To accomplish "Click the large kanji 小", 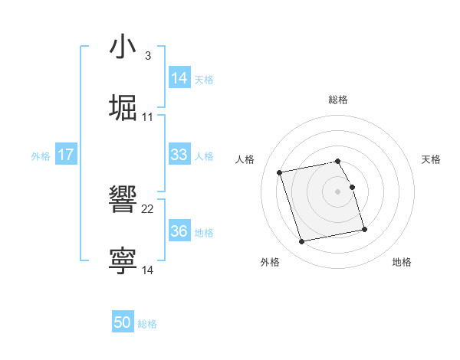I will coord(123,47).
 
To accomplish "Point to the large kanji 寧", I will coord(123,260).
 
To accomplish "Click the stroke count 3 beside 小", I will coord(147,56).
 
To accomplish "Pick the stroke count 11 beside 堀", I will coord(148,116).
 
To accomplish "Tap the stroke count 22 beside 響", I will coord(148,208).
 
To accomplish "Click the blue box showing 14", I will coord(179,78).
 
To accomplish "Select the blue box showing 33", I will coord(179,155).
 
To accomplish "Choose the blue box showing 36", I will coord(179,231).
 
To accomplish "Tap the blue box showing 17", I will coord(66,155).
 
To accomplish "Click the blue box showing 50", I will coord(123,322).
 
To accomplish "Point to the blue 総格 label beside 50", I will coord(147,324).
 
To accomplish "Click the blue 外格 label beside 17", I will coord(41,156).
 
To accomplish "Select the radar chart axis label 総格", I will coord(338,100).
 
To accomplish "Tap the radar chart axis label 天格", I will coord(431,159).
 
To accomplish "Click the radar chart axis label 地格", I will coord(402,263).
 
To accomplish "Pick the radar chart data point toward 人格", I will coord(280,172).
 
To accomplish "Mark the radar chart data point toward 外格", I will coord(302,241).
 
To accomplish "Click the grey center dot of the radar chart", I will coord(338,191).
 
